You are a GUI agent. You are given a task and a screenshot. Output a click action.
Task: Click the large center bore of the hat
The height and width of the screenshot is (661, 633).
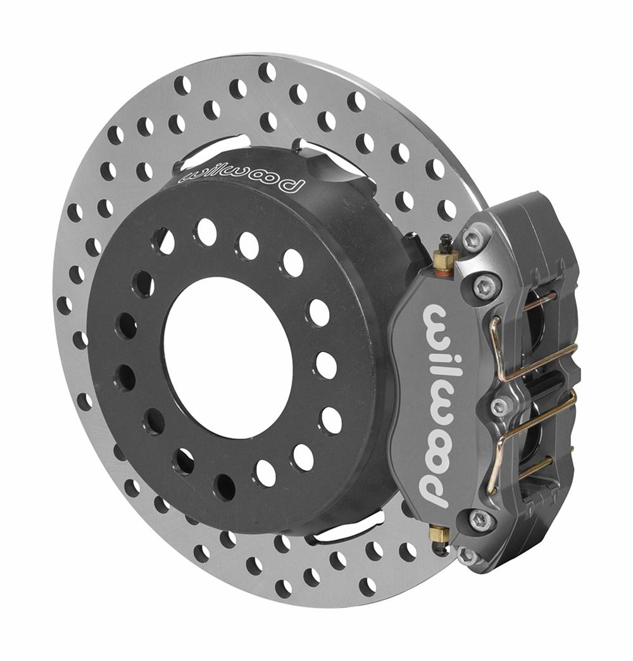tap(228, 357)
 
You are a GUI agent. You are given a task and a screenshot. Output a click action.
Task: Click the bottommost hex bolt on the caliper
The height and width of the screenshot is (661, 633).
tap(467, 556)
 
